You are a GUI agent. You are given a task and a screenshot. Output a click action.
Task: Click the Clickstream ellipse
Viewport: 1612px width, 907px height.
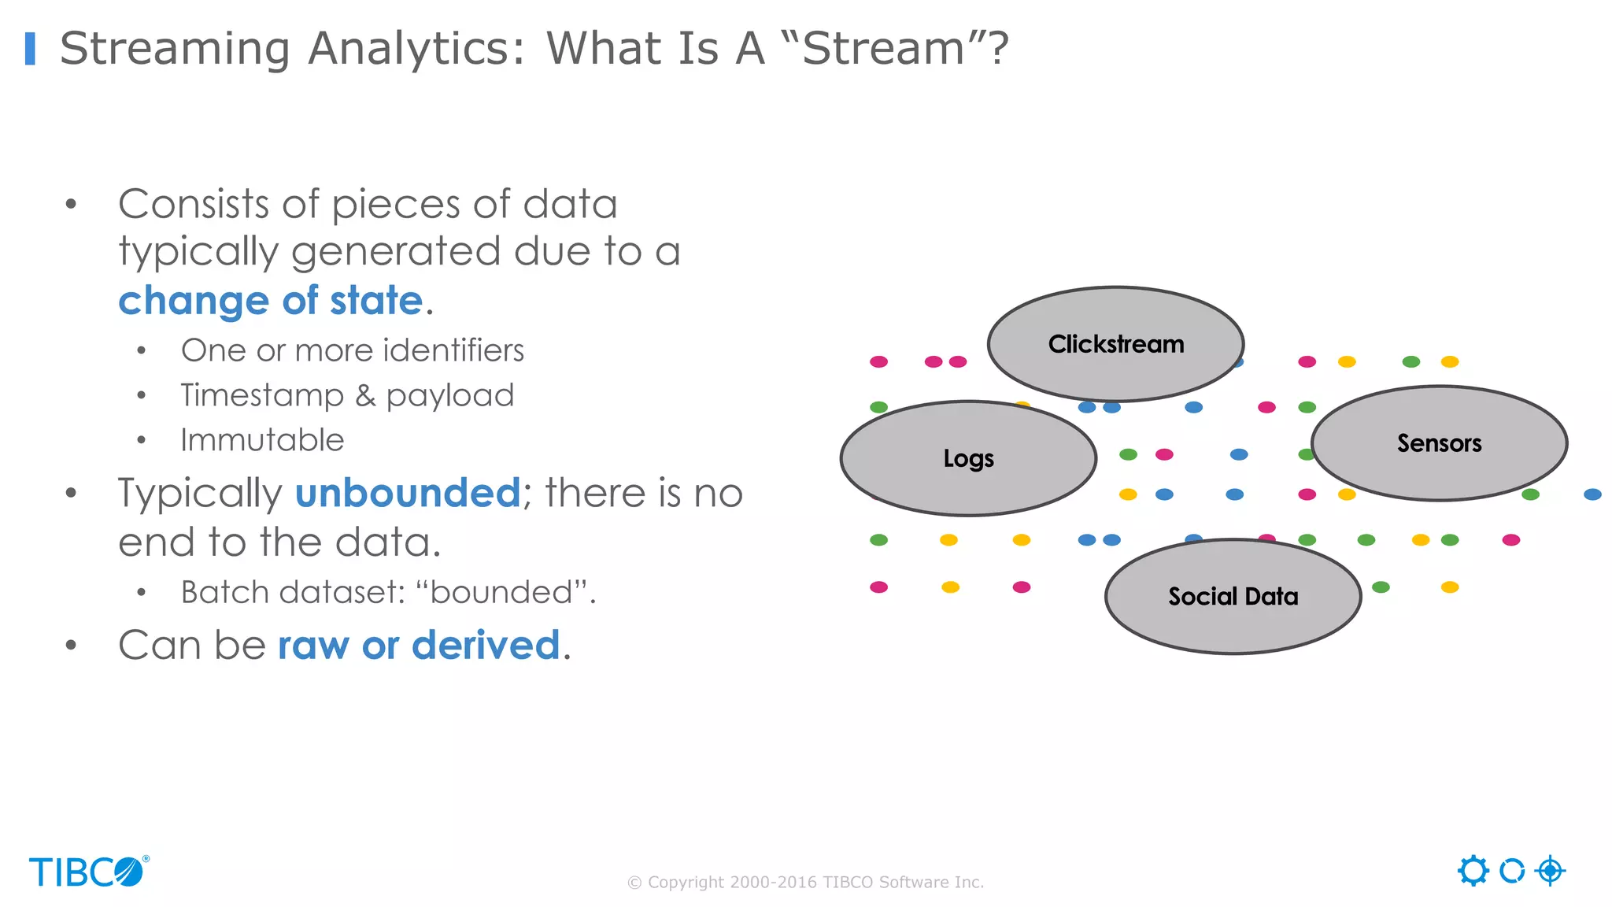(1115, 344)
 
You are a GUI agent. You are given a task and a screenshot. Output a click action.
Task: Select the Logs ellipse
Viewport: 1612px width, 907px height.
(968, 458)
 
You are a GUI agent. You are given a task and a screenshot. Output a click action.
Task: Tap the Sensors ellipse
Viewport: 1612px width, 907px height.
(1439, 443)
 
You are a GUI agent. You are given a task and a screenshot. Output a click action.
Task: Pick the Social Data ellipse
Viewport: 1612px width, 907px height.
(1233, 596)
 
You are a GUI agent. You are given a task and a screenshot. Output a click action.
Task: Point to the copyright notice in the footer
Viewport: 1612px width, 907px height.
(805, 882)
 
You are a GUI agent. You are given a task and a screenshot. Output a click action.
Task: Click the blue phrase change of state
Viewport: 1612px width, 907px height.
(271, 301)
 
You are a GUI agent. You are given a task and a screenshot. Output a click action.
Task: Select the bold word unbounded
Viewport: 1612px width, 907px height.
(407, 494)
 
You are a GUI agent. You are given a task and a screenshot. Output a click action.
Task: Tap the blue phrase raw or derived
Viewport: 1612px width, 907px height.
(419, 646)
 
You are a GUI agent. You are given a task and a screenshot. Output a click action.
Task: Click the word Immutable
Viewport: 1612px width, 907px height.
(262, 440)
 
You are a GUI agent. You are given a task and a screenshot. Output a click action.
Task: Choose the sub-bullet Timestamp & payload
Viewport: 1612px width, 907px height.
(347, 395)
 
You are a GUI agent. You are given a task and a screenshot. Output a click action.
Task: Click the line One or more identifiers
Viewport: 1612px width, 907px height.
(352, 350)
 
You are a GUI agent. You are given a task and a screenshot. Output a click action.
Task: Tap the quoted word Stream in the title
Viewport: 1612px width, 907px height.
(883, 48)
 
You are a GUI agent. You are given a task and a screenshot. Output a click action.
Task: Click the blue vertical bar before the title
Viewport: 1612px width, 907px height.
(30, 48)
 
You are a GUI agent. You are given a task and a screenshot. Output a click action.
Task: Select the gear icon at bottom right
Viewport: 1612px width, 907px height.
(1473, 871)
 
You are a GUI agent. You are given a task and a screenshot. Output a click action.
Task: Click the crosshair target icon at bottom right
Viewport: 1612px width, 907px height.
(1550, 871)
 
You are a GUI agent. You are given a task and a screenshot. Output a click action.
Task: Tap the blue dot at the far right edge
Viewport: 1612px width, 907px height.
(1592, 494)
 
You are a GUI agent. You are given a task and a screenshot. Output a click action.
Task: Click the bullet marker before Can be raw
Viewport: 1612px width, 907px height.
(72, 646)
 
